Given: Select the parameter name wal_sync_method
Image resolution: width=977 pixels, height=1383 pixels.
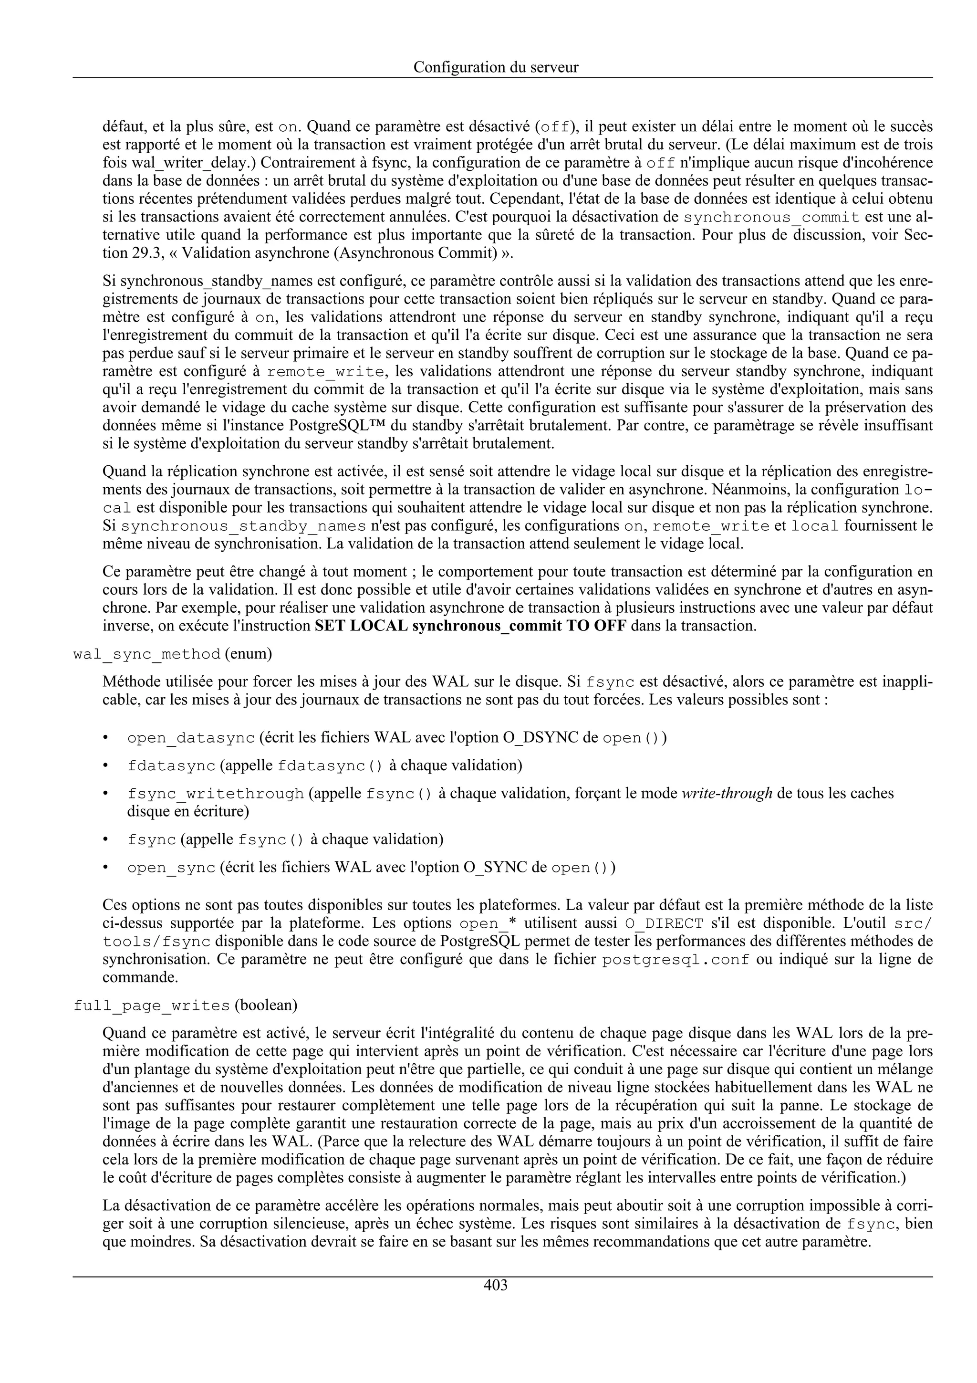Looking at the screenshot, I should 146,654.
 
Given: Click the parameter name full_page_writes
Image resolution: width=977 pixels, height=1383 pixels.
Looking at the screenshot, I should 152,1006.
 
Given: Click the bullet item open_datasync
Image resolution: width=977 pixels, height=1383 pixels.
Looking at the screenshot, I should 191,738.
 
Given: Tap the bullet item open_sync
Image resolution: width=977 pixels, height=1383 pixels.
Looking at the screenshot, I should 171,868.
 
